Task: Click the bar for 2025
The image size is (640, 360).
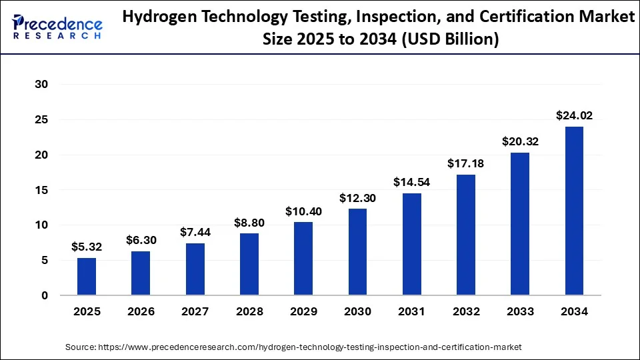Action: click(87, 277)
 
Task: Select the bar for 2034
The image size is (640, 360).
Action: click(574, 211)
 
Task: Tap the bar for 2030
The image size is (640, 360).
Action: click(357, 252)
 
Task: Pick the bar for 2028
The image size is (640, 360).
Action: click(249, 264)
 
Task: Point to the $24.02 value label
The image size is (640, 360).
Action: click(574, 116)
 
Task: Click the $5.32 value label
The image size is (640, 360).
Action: click(87, 247)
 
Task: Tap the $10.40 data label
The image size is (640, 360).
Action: click(303, 211)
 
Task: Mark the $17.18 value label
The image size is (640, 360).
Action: click(466, 164)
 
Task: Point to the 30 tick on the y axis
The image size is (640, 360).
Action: click(42, 85)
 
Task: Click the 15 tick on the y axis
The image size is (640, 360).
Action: click(42, 190)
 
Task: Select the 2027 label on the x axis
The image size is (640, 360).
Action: click(195, 311)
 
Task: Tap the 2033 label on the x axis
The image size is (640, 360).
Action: click(520, 311)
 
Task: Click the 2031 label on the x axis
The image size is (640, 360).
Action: click(411, 311)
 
